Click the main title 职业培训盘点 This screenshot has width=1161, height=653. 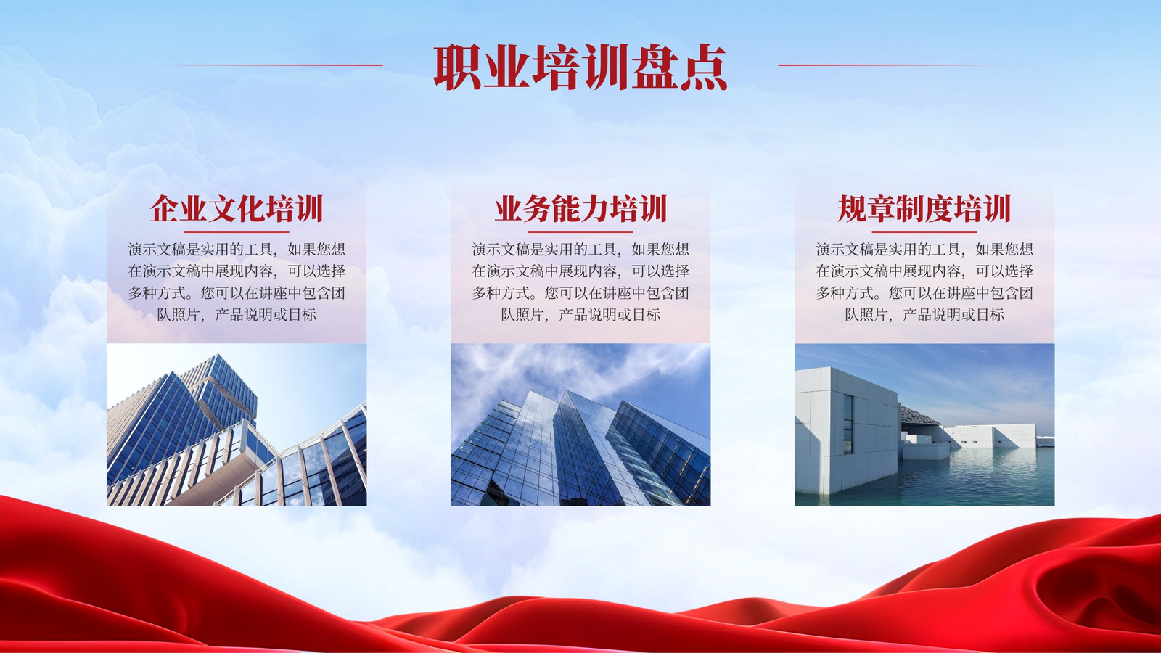coord(580,67)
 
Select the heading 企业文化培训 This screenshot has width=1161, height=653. coord(237,209)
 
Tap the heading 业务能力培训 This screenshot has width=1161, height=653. coord(580,209)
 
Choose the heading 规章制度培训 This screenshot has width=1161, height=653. coord(924,209)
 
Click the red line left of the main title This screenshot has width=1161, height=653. coord(269,65)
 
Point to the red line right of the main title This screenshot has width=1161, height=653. coord(892,65)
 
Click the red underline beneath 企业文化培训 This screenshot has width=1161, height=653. coord(237,232)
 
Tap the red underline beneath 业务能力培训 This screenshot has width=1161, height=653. coord(580,232)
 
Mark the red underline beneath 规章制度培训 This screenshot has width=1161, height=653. coord(924,232)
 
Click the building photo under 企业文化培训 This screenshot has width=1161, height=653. coord(237,424)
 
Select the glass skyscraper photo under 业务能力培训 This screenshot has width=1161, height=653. coord(580,424)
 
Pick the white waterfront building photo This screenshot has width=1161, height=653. coord(924,424)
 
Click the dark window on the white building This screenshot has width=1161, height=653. coord(848,424)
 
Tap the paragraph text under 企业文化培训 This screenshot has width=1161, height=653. coord(237,282)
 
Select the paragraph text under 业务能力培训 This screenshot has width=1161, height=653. coord(580,282)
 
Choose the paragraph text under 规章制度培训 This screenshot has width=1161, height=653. coord(924,282)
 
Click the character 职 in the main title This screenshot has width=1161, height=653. coord(457,67)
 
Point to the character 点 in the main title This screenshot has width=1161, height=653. coord(703,67)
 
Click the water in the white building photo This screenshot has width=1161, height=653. coord(975,477)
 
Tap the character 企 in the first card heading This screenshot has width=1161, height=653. coord(164,209)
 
